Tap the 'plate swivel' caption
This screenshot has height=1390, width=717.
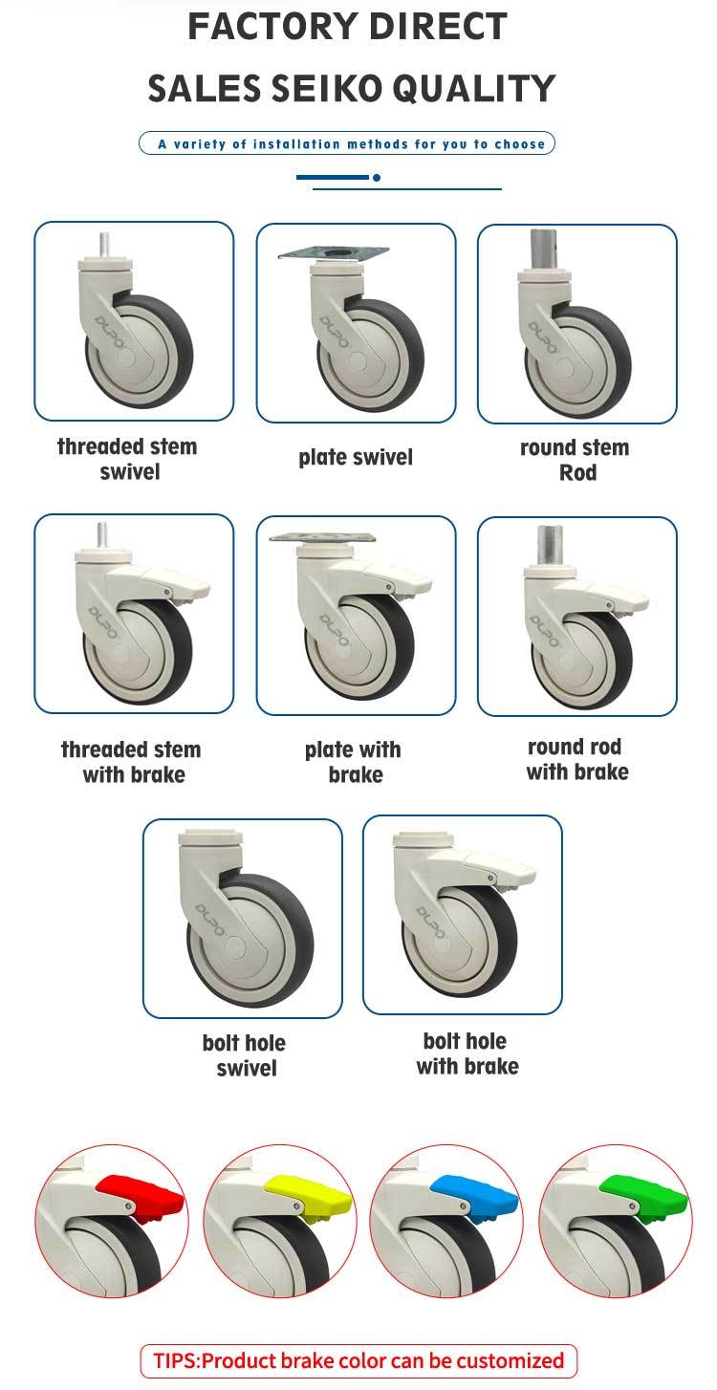356,457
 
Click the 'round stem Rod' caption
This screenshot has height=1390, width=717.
575,460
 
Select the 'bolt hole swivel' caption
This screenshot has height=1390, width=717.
244,1054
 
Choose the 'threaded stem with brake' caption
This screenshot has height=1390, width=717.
131,761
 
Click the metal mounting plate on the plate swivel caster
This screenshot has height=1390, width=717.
334,252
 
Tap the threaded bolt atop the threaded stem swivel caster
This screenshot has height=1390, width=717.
105,247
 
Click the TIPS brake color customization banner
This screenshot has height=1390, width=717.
358,1360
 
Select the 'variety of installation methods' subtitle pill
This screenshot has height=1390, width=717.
347,143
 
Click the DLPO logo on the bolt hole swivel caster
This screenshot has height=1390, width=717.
210,921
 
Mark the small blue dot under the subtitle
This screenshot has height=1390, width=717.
377,178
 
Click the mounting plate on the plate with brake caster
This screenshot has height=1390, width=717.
323,536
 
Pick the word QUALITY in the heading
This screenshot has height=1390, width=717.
475,88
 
